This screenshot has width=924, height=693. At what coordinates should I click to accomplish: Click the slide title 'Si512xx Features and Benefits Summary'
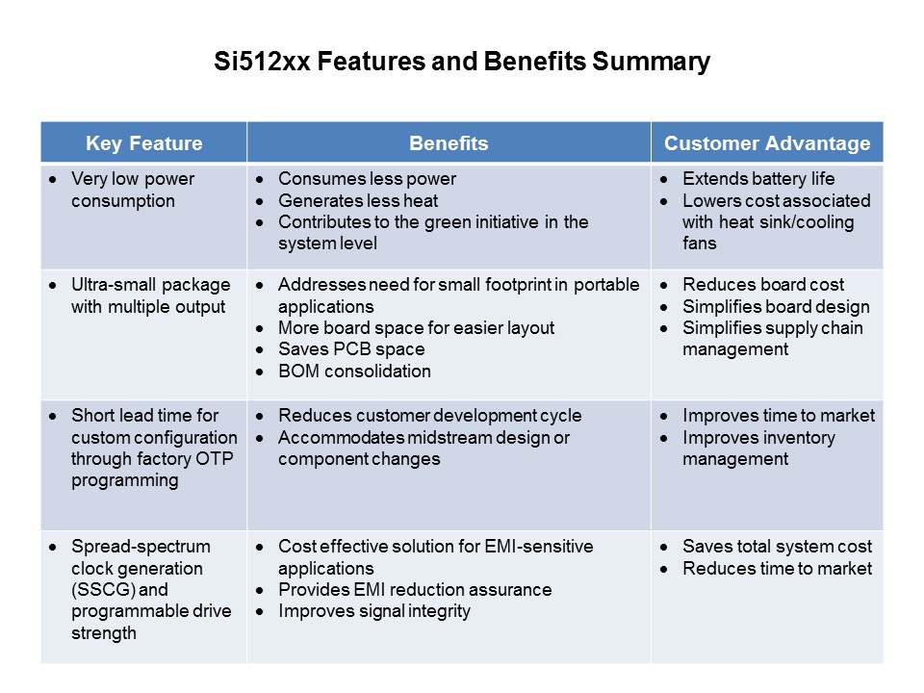pos(461,63)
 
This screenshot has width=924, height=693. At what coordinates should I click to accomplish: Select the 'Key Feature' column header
pos(144,144)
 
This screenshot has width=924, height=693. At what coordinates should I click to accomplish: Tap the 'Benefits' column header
pos(449,144)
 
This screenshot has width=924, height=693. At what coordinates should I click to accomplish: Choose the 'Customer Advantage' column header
pos(767,144)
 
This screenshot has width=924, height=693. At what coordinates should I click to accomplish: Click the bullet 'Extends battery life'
pos(758,179)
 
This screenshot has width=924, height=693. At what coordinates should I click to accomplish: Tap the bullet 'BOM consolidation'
pos(354,371)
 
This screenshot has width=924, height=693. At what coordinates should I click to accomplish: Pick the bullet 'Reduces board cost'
pos(763,285)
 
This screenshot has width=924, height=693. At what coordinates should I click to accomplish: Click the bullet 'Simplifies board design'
pos(776,307)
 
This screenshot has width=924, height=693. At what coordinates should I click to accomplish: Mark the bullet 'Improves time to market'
pos(779,416)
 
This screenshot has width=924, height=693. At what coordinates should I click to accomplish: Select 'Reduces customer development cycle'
pos(429,416)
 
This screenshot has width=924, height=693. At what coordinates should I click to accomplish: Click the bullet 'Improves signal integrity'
pos(374,611)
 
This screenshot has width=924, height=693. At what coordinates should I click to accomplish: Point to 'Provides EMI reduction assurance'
pos(415,590)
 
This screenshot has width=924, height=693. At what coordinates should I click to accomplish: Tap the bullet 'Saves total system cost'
pos(777,547)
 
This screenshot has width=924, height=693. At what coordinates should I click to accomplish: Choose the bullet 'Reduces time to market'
pos(777,568)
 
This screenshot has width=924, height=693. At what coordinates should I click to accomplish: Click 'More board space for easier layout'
pos(416,328)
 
